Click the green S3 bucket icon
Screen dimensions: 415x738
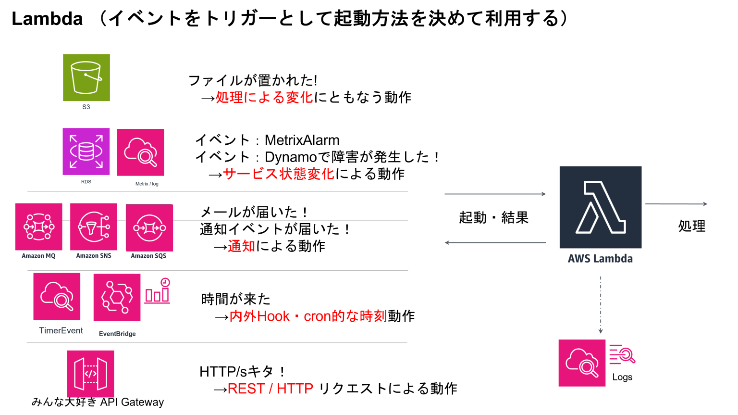click(86, 77)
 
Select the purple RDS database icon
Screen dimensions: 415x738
click(86, 151)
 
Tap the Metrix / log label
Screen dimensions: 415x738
click(147, 184)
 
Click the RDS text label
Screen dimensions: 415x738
click(86, 182)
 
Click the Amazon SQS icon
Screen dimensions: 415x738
click(149, 227)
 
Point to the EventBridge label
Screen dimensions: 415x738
click(117, 334)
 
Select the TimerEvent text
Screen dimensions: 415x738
click(61, 331)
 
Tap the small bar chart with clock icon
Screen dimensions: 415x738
click(158, 291)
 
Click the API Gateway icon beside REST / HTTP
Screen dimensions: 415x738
click(90, 374)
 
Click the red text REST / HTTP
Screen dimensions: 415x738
click(270, 389)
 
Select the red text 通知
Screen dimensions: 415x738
click(241, 247)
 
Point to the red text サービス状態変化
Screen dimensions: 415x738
click(278, 174)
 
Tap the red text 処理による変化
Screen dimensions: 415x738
click(264, 98)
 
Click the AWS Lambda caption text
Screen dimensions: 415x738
click(600, 259)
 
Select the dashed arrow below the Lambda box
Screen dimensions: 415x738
click(601, 305)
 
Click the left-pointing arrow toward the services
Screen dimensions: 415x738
click(495, 242)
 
